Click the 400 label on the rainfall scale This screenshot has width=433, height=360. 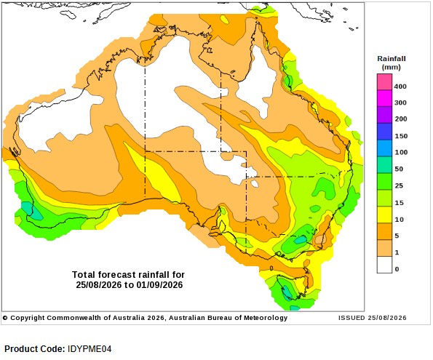[x=400, y=87]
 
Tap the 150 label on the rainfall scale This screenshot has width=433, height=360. [x=401, y=136]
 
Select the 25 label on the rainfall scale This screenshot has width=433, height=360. [x=399, y=185]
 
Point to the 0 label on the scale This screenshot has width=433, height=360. [x=397, y=269]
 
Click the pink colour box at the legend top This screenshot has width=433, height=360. [x=384, y=82]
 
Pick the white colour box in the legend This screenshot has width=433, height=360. [x=384, y=265]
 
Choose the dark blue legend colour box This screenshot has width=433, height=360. [x=384, y=132]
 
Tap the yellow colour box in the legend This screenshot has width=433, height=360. [x=384, y=215]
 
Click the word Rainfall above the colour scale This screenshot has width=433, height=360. [x=392, y=58]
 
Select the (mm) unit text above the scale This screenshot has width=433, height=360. [x=392, y=67]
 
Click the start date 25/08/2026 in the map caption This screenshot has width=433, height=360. [x=98, y=284]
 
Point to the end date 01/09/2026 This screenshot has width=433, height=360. [x=159, y=284]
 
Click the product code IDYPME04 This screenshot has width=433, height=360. [x=90, y=349]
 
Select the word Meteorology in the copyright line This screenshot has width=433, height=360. [x=266, y=318]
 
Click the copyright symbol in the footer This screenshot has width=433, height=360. [x=5, y=318]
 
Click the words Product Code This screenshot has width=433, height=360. [x=35, y=349]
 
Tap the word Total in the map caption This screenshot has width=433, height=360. [x=84, y=275]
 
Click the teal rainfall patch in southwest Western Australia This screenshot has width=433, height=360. [x=31, y=211]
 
